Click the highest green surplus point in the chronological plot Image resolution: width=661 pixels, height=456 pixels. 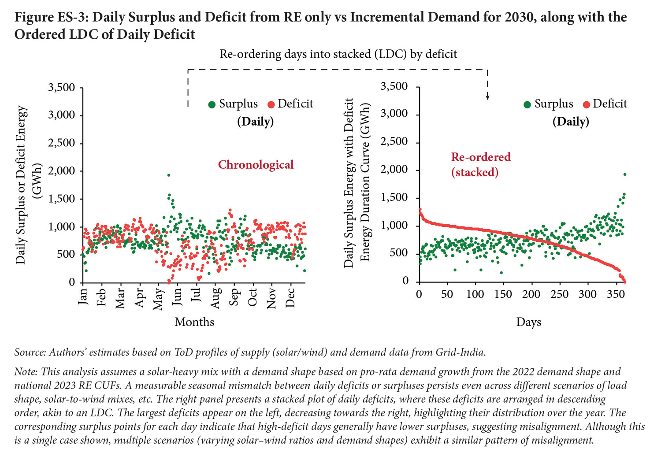[x=169, y=175]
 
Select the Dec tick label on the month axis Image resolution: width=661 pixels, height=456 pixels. [x=290, y=298]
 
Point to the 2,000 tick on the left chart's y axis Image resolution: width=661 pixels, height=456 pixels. [x=62, y=171]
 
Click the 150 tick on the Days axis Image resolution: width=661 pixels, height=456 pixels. [x=503, y=294]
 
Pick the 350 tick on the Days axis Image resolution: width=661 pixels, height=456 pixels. [x=616, y=294]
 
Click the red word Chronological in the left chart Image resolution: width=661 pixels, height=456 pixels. [x=256, y=165]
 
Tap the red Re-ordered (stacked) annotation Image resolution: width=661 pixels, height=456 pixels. [x=481, y=164]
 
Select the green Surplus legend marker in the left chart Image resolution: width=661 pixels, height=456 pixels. [x=212, y=104]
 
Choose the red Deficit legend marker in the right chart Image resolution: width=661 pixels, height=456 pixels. [x=587, y=104]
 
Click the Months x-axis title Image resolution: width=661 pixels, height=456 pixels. [x=194, y=322]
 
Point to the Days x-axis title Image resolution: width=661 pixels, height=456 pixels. [x=528, y=323]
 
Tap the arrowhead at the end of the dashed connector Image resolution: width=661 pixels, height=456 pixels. [x=487, y=97]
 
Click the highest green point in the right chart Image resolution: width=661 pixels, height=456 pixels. [x=625, y=174]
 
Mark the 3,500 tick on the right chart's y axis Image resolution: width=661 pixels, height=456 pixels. [x=394, y=86]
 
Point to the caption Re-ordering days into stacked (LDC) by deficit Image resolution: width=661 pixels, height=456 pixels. [x=338, y=54]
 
